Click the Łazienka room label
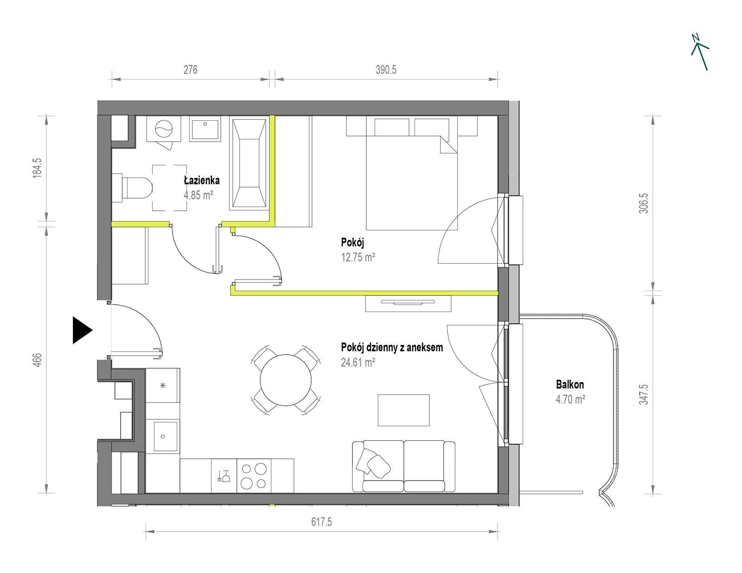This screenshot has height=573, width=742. pyautogui.click(x=201, y=180)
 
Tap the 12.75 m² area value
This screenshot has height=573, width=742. pyautogui.click(x=358, y=257)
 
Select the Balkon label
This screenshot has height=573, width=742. pyautogui.click(x=570, y=384)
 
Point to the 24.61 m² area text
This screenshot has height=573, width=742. pyautogui.click(x=358, y=362)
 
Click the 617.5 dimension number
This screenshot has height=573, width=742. pyautogui.click(x=321, y=522)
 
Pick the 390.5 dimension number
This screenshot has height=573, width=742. pyautogui.click(x=386, y=70)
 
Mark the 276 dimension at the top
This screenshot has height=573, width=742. pyautogui.click(x=190, y=70)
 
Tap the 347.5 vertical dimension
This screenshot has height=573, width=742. pyautogui.click(x=643, y=394)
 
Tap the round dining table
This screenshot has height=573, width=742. pyautogui.click(x=286, y=380)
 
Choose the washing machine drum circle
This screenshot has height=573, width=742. pyautogui.click(x=164, y=129)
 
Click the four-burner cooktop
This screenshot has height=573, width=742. pyautogui.click(x=254, y=475)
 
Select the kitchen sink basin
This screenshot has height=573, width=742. pyautogui.click(x=165, y=436)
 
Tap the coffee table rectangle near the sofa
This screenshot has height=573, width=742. pyautogui.click(x=403, y=410)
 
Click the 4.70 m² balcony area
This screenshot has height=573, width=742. pyautogui.click(x=570, y=399)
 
